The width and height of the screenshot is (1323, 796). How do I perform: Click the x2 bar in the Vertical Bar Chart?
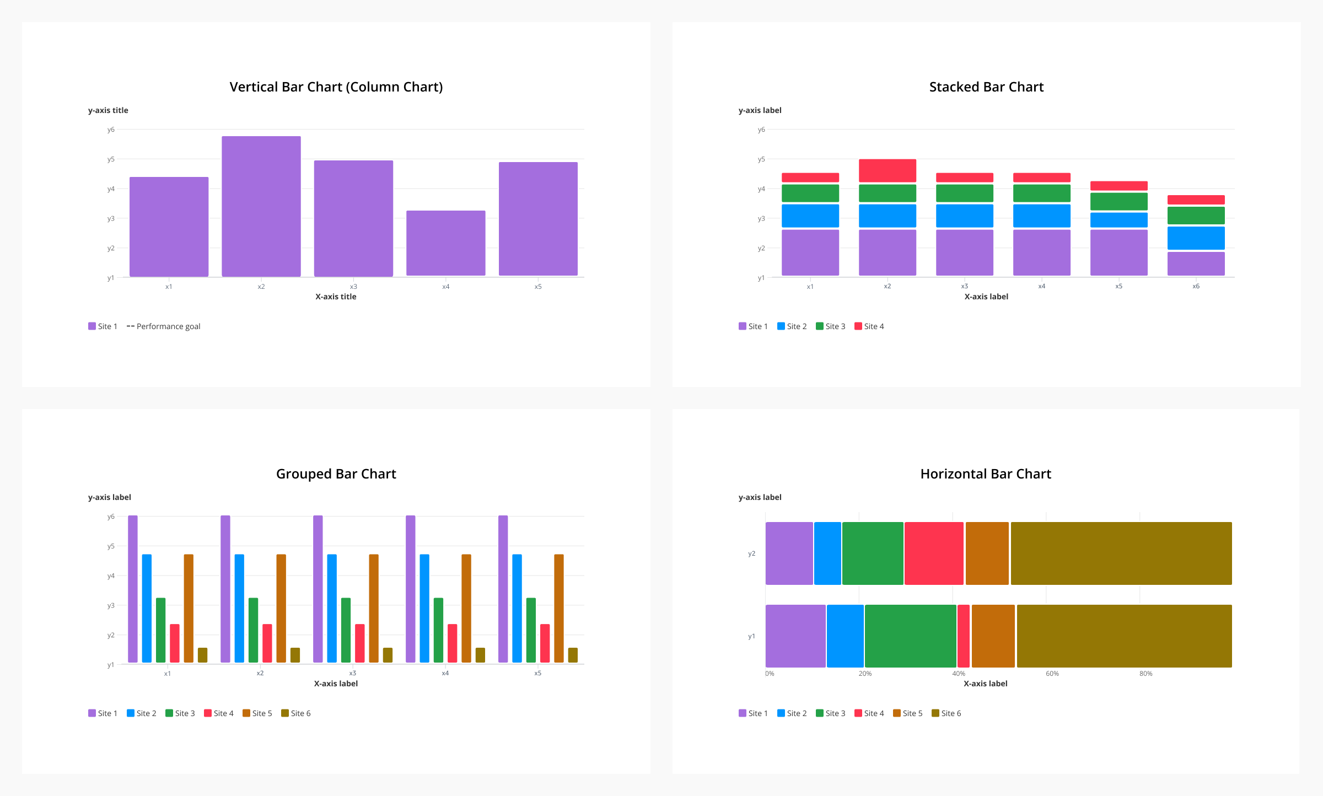tap(261, 206)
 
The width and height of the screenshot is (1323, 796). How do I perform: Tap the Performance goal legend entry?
tap(164, 326)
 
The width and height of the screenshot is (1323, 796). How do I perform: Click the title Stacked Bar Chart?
tap(986, 87)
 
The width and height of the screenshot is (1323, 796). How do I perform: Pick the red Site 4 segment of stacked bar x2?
tap(887, 171)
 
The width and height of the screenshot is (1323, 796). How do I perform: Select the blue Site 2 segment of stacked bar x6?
tap(1196, 238)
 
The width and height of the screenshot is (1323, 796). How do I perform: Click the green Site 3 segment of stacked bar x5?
tap(1118, 201)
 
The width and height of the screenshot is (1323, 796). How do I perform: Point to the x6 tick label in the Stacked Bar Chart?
tap(1196, 286)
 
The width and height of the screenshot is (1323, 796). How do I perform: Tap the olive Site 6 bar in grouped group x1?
tap(202, 655)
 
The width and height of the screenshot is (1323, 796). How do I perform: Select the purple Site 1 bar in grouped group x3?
tap(318, 589)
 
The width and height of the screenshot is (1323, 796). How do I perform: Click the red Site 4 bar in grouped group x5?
tap(545, 643)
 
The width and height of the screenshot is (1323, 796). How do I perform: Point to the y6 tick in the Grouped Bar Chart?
tap(111, 517)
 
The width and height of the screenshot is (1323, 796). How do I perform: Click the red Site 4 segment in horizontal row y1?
tap(963, 636)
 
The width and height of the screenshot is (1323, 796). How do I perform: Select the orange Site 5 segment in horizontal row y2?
tap(987, 553)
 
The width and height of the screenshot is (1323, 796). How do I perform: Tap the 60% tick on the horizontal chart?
tap(1052, 674)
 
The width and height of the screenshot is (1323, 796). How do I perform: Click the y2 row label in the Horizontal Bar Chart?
tap(751, 553)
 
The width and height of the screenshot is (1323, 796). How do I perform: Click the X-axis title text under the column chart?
tap(336, 297)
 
